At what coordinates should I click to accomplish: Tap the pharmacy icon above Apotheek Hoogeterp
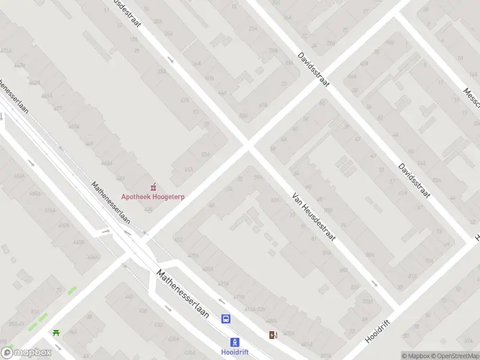[152, 185]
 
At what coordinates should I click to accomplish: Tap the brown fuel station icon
[273, 335]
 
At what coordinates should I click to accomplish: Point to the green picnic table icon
[56, 332]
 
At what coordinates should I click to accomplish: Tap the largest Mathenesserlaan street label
[187, 298]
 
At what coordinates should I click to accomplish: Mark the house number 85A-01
[16, 324]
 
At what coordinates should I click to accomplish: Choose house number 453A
[74, 127]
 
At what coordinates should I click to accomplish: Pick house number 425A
[208, 268]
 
